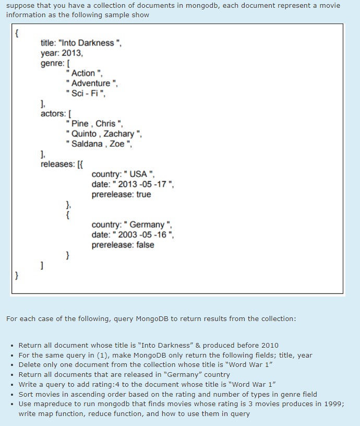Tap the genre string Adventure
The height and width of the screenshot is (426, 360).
click(x=91, y=83)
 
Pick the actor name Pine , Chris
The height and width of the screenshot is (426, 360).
click(x=94, y=124)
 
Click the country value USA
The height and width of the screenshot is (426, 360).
click(x=139, y=174)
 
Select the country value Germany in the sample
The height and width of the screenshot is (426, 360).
click(x=147, y=225)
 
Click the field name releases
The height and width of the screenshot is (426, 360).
click(x=58, y=164)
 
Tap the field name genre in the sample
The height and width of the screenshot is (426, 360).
click(x=53, y=63)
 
